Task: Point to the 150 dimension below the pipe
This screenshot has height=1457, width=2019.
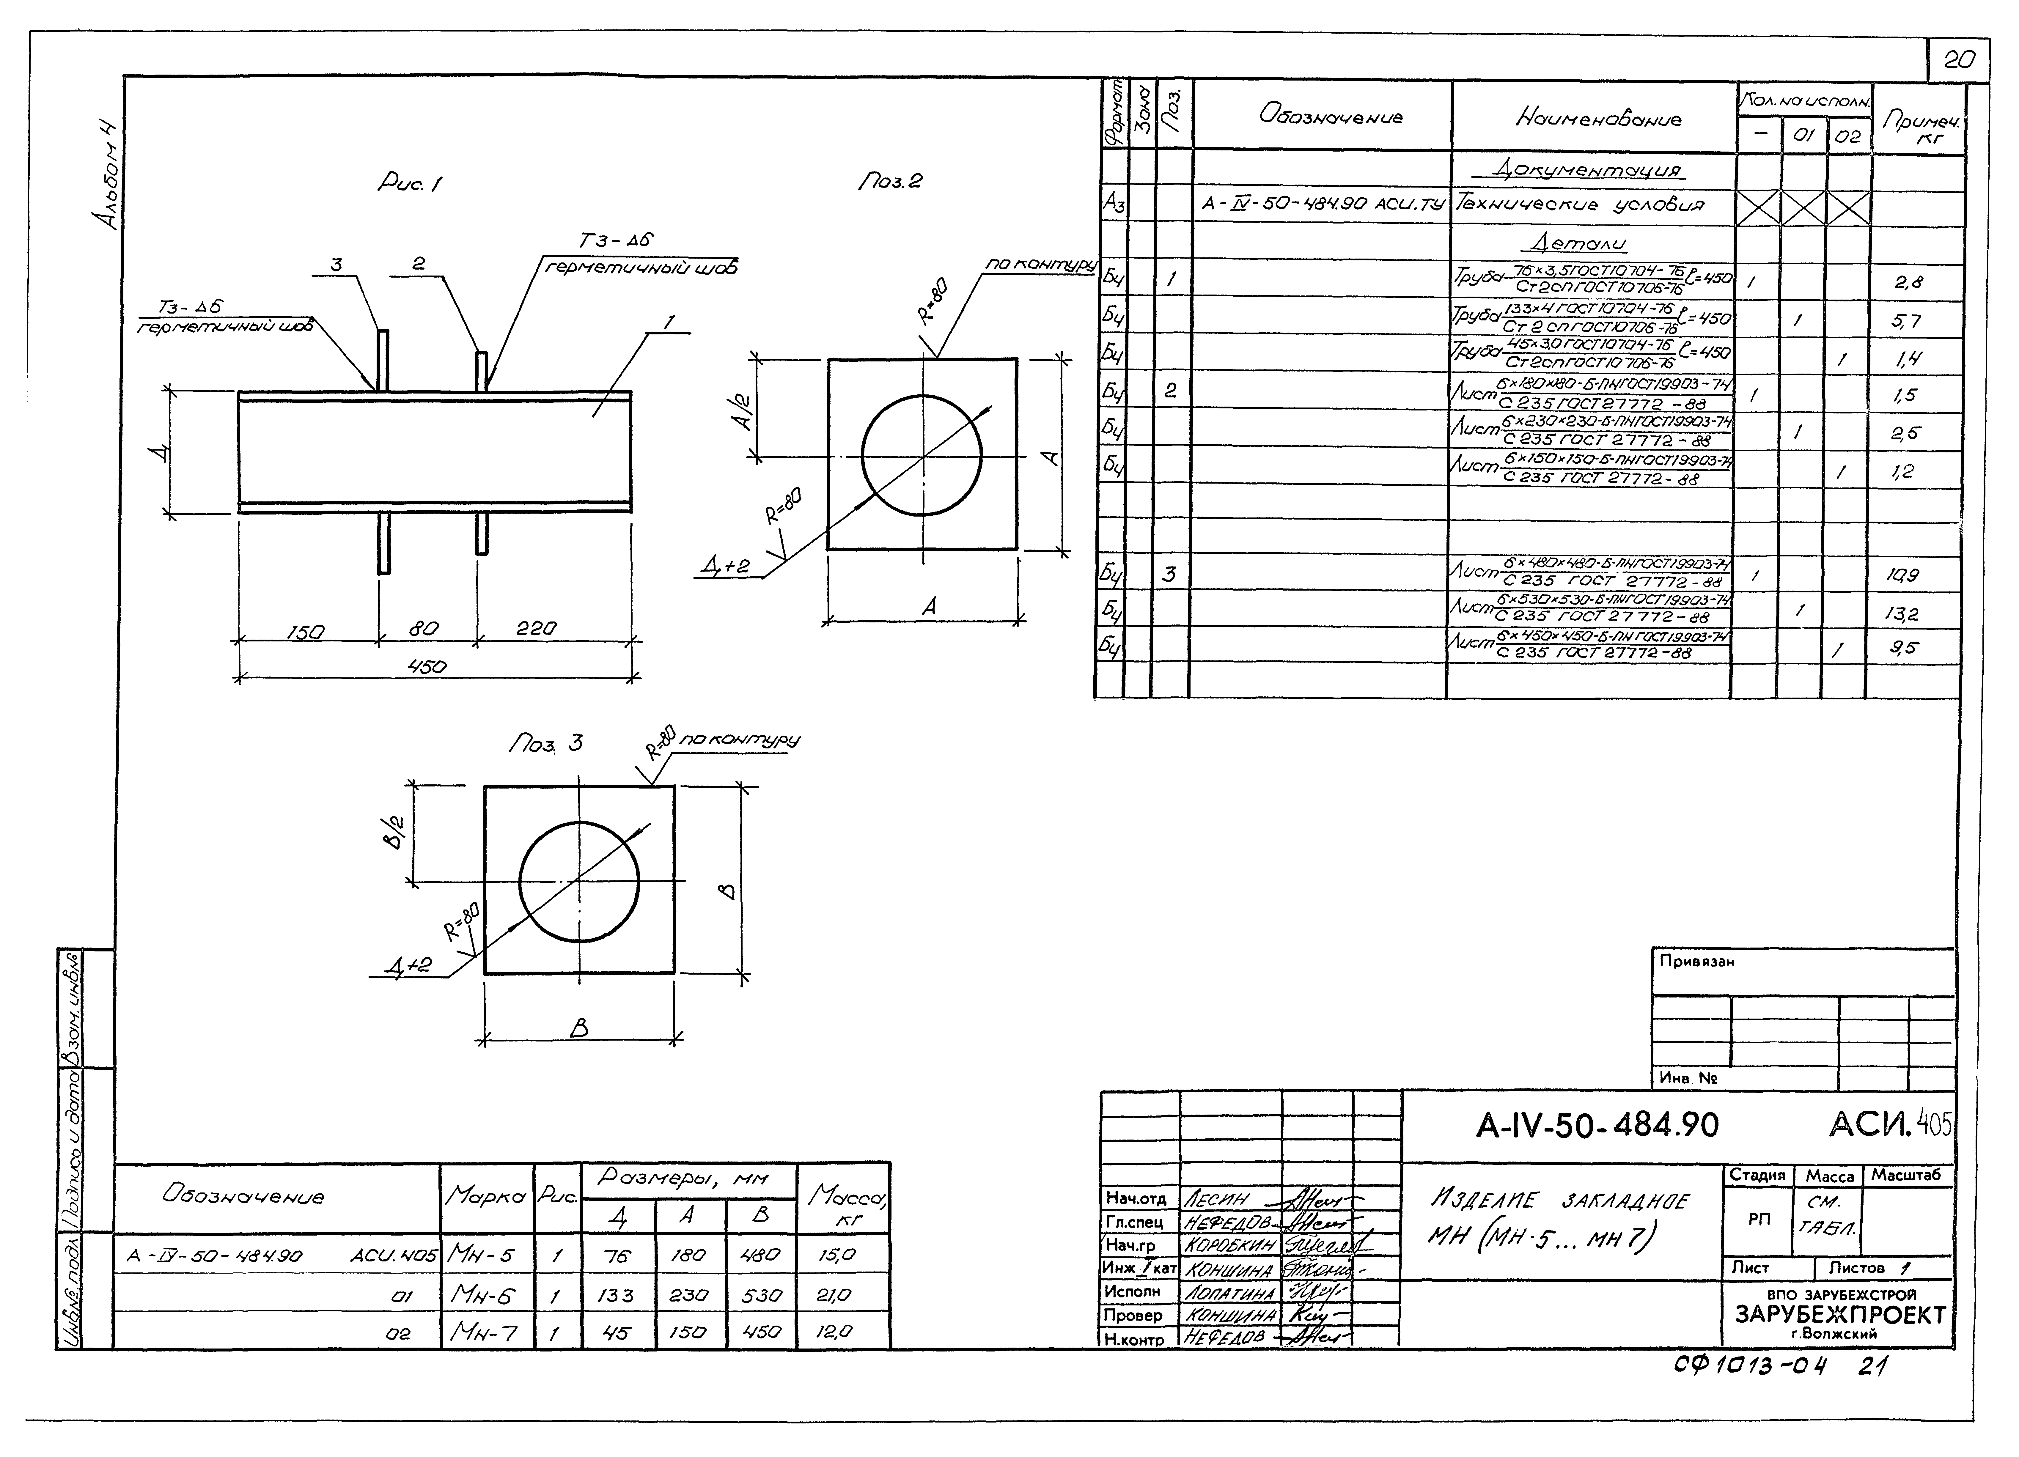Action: [305, 631]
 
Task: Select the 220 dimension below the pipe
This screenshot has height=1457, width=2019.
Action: [536, 628]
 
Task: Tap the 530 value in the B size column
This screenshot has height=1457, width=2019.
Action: [761, 1295]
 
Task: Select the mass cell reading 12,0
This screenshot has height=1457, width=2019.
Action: [835, 1332]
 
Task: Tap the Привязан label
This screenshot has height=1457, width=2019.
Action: [1696, 961]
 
